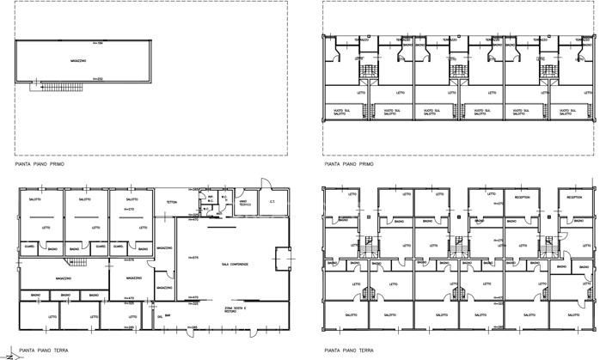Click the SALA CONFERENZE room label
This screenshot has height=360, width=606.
(x=235, y=265)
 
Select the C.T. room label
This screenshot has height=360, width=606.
(x=272, y=203)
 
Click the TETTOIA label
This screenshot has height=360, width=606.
(x=172, y=203)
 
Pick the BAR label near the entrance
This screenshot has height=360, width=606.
(x=168, y=317)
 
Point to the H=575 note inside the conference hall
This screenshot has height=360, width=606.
(x=194, y=257)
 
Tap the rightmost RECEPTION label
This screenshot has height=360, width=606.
(x=574, y=197)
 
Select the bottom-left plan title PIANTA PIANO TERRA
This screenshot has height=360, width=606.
(x=39, y=350)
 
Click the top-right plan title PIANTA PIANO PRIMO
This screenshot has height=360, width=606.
(x=348, y=162)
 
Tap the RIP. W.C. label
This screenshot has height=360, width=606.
(x=208, y=201)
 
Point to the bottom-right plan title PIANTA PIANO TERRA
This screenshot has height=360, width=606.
(x=348, y=350)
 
